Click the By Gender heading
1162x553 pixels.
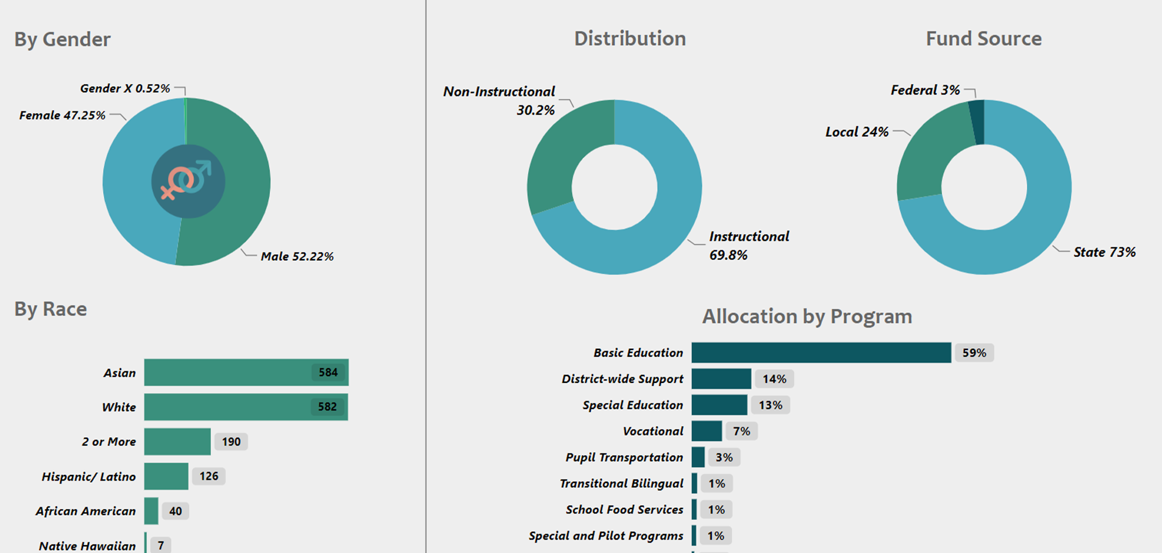pyautogui.click(x=62, y=40)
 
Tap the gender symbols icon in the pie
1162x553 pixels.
pyautogui.click(x=188, y=181)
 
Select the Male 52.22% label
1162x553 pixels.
pyautogui.click(x=297, y=257)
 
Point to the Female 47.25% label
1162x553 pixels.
pyautogui.click(x=62, y=115)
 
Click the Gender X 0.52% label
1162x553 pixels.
pyautogui.click(x=125, y=88)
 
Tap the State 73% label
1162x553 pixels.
pyautogui.click(x=1104, y=252)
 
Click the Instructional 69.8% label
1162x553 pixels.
pyautogui.click(x=749, y=246)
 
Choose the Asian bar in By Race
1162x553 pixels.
pyautogui.click(x=246, y=373)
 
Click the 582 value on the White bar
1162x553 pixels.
pyautogui.click(x=327, y=407)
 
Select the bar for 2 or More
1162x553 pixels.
pyautogui.click(x=177, y=441)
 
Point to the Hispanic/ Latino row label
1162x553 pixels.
pyautogui.click(x=88, y=477)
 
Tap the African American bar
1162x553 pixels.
pyautogui.click(x=151, y=511)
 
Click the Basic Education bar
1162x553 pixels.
pyautogui.click(x=821, y=353)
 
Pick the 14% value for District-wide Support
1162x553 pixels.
pyautogui.click(x=774, y=379)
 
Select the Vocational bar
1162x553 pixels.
pyautogui.click(x=707, y=431)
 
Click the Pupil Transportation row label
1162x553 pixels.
pyautogui.click(x=624, y=457)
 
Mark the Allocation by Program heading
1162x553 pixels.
pyautogui.click(x=807, y=316)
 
